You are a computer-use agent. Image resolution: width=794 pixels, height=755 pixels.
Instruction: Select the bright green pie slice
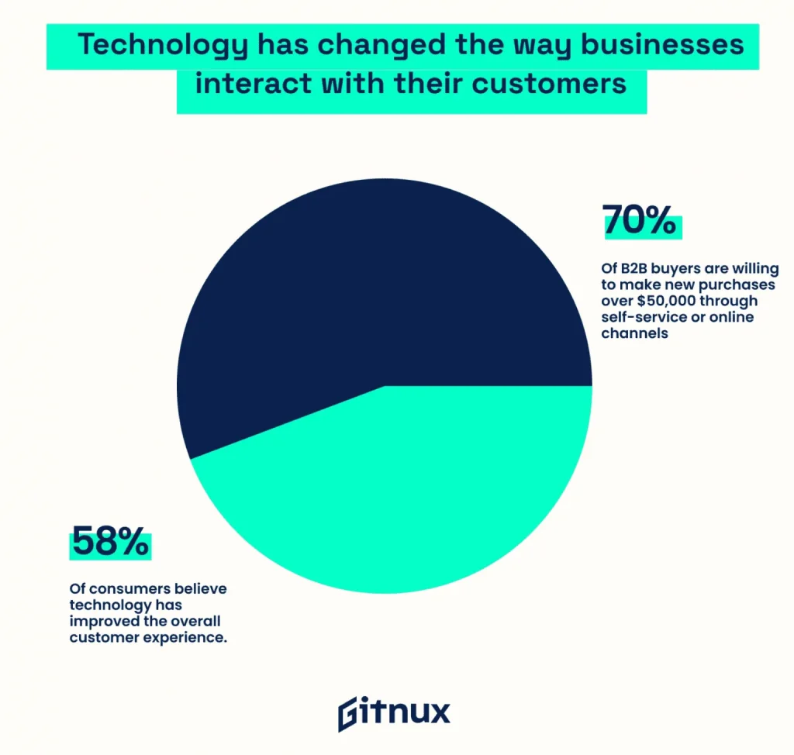click(x=403, y=496)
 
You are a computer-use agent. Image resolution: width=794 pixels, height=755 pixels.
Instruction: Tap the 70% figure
click(x=640, y=220)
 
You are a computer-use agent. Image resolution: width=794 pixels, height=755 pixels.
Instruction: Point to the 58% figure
click(x=109, y=541)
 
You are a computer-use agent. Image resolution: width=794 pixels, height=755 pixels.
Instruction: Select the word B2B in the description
click(x=634, y=268)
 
